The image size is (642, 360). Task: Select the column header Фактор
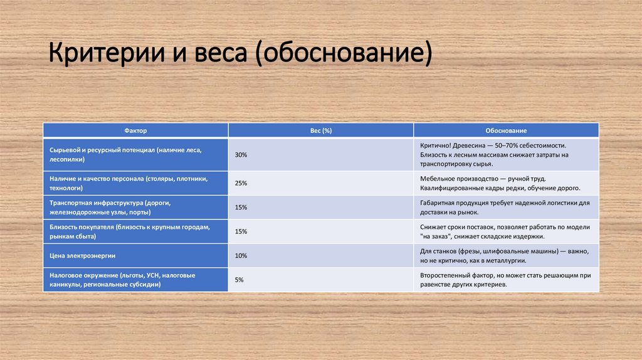pos(135,130)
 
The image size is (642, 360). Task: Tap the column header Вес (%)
pos(321,130)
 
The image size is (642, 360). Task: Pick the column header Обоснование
pos(505,130)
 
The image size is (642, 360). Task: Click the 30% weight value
pos(241,154)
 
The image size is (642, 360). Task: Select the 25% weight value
pos(241,183)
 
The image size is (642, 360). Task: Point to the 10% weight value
pos(241,256)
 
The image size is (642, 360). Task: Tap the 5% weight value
pos(239,280)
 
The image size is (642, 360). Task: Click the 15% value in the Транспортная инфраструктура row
pos(241,208)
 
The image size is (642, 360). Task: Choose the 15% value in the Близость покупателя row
pos(241,231)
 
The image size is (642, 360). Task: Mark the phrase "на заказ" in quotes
pos(436,237)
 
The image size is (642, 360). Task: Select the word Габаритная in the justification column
pos(439,203)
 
